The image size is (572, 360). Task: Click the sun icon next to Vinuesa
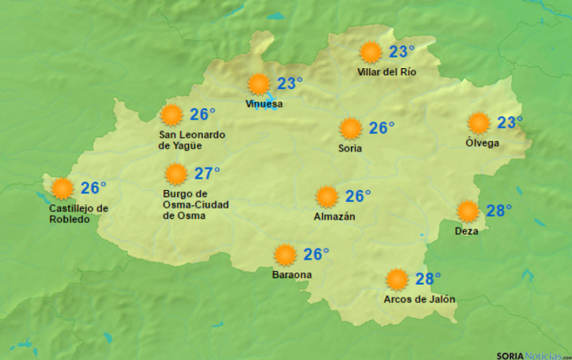258,84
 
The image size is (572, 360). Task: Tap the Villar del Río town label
387,72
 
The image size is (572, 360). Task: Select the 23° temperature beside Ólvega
510,123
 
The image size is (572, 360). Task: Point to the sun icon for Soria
350,128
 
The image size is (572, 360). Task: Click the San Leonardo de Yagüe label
192,140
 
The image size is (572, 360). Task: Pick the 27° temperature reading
207,173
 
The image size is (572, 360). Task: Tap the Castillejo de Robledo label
79,214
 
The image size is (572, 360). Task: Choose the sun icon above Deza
468,211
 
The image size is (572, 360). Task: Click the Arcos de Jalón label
420,300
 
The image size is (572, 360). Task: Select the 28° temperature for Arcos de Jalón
429,279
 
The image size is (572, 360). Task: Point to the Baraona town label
292,275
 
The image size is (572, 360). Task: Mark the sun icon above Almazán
327,196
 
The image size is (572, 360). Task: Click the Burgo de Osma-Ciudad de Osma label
195,204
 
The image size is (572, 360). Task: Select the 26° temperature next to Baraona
316,254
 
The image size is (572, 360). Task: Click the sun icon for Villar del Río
370,53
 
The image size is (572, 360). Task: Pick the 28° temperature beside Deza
499,211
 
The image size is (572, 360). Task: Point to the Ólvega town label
482,144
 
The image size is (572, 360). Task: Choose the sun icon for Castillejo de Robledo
62,188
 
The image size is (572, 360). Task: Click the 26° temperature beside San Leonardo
203,115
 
